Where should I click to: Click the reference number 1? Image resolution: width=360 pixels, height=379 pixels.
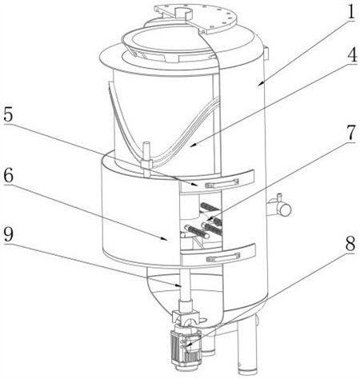coord(350,11)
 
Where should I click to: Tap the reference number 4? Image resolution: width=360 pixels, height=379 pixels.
coord(351,55)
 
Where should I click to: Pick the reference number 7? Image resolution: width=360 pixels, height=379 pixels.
coord(351,133)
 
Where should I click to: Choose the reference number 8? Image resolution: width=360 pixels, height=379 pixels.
coord(350,243)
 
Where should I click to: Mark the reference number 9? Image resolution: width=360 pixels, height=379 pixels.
coord(8,235)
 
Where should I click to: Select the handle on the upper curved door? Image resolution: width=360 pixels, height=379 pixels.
coord(221,183)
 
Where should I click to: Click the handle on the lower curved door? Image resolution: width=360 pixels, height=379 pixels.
coord(223,257)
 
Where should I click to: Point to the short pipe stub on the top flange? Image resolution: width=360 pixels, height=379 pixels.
coord(183,12)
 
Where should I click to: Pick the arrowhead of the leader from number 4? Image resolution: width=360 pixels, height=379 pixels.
coord(193,146)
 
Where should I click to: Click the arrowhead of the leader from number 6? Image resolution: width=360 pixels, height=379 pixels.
coord(166,238)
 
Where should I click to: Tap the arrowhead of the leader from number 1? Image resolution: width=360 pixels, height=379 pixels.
coord(259,84)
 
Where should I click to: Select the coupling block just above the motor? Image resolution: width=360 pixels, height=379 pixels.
coord(186,317)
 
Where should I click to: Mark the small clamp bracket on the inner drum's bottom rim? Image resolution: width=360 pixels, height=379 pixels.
coord(146,164)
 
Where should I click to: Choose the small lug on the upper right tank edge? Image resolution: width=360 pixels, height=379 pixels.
coord(266,53)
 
